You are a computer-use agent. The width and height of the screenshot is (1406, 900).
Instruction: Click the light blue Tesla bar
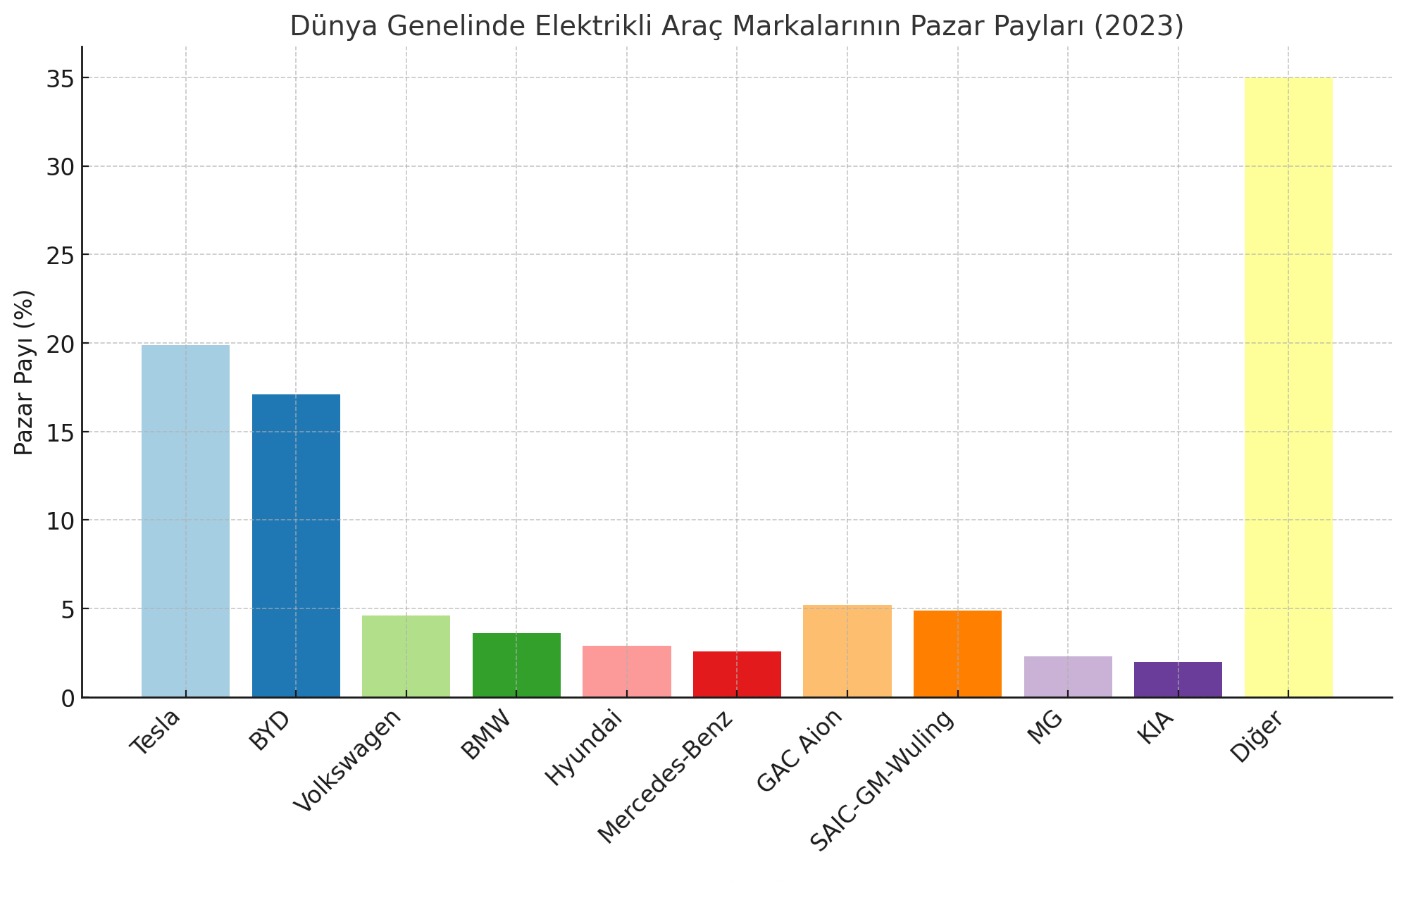(185, 521)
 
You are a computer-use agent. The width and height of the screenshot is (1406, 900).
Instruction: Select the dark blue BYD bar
(296, 546)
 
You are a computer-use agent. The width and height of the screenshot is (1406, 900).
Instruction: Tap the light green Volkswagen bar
(406, 656)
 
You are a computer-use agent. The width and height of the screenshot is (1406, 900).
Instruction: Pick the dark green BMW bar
(516, 665)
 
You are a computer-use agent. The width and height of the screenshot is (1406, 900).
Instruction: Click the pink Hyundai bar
(626, 671)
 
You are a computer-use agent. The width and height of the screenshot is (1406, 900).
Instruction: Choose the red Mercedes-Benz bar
(737, 674)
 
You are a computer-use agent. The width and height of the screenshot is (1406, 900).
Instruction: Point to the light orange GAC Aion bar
(847, 651)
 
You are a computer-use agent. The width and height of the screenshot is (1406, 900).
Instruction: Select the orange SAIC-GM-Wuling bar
(957, 654)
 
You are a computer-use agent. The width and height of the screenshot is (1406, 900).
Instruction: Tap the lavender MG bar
(1068, 677)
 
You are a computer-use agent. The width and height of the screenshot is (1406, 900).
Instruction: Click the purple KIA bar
(1178, 680)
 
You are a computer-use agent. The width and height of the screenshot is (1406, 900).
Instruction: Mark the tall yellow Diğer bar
(1288, 387)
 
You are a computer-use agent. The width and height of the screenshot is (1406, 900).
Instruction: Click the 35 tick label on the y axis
(59, 78)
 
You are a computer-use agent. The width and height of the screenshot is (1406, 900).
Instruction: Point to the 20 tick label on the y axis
(59, 344)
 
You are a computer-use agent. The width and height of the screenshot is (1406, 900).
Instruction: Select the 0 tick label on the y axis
(68, 698)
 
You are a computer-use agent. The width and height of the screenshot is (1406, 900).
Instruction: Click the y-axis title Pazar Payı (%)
(24, 373)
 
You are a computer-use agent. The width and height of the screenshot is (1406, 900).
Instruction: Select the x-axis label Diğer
(1258, 737)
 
